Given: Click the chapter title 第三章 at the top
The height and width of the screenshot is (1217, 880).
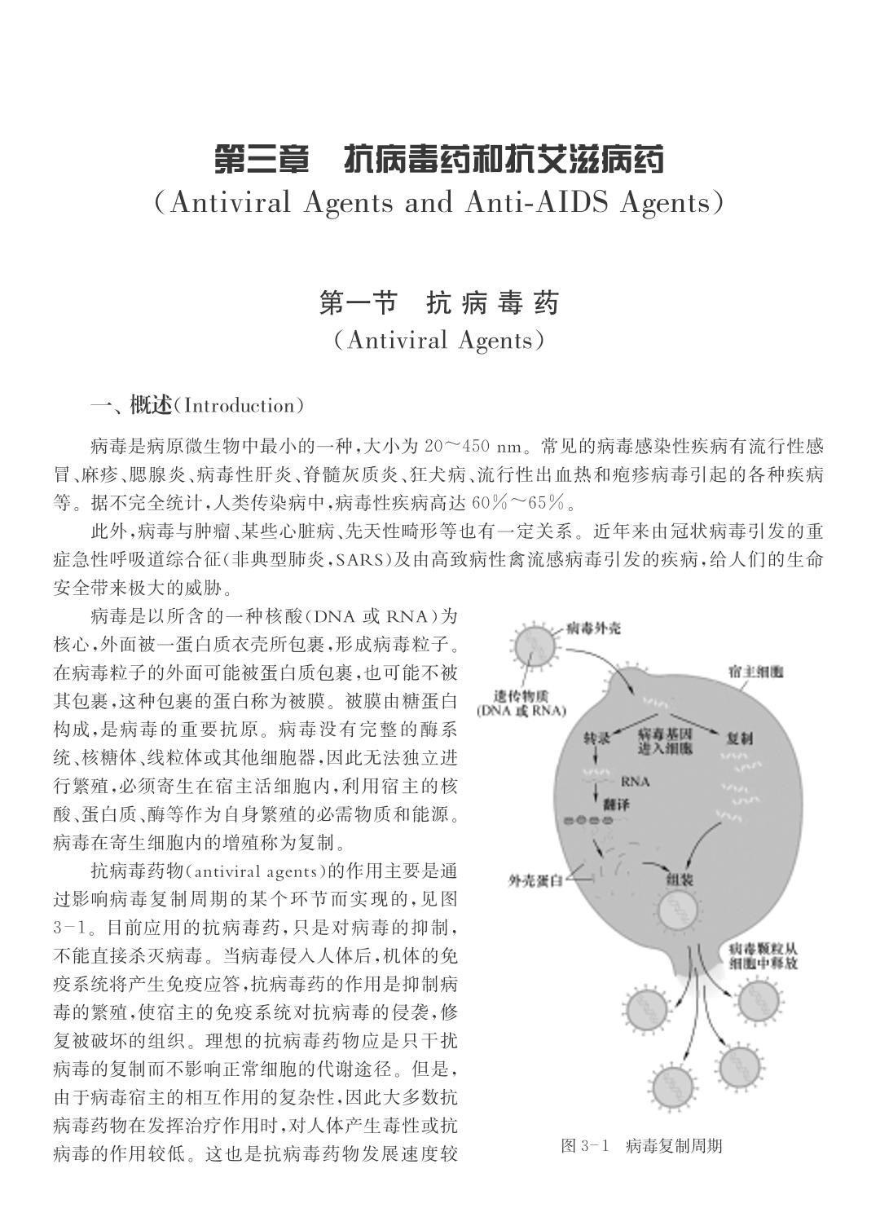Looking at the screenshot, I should tap(262, 159).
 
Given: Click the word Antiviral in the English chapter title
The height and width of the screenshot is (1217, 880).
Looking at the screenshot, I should tap(231, 202).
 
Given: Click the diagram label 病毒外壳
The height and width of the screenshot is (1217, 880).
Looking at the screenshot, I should tap(593, 628).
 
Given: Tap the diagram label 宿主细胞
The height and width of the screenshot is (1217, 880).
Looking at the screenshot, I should tap(755, 672).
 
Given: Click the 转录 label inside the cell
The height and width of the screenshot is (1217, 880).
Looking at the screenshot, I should tap(597, 738).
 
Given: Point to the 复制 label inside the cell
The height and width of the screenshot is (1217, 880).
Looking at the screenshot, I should tap(737, 738).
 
